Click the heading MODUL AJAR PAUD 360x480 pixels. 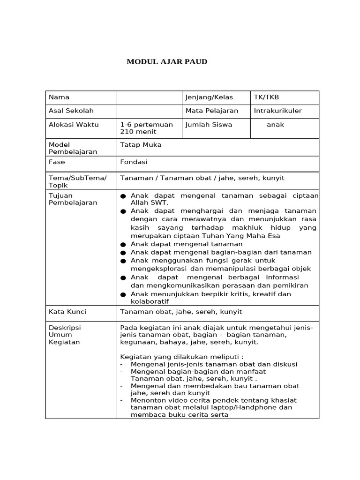point(167,62)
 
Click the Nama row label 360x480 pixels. point(59,97)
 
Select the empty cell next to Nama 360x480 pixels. point(149,97)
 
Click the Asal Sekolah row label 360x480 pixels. point(71,111)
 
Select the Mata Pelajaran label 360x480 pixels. point(212,111)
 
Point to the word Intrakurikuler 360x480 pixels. point(277,111)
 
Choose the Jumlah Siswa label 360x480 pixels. point(209,125)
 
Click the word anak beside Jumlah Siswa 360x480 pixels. point(276,125)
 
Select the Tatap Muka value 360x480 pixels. point(141,145)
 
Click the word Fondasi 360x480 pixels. point(134,162)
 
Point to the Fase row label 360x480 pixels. point(57,162)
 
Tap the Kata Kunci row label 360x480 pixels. point(67,312)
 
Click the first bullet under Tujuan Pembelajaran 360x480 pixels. point(123,196)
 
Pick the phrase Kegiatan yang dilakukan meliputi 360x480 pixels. point(182,357)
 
